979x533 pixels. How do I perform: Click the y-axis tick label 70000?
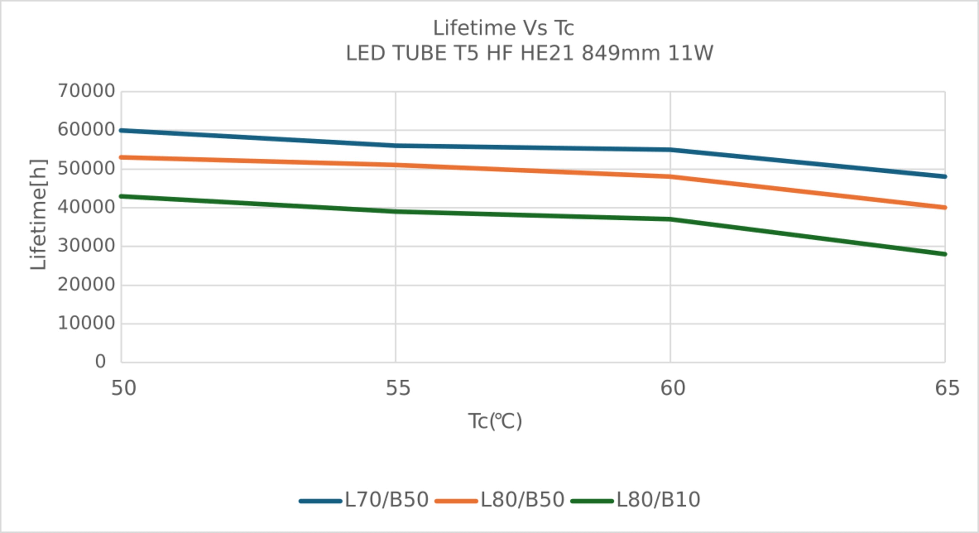[86, 91]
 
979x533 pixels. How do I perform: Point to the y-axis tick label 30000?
[86, 246]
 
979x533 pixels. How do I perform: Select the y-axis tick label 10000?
[86, 323]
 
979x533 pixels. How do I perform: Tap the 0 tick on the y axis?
[100, 362]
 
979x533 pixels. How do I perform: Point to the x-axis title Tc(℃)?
[495, 422]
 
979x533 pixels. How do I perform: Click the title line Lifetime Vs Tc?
[503, 28]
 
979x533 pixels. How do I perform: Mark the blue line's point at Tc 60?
[670, 150]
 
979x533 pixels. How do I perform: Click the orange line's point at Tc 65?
[944, 208]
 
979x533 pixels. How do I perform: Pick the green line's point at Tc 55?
[396, 212]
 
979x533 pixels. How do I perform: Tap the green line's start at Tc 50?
[122, 196]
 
